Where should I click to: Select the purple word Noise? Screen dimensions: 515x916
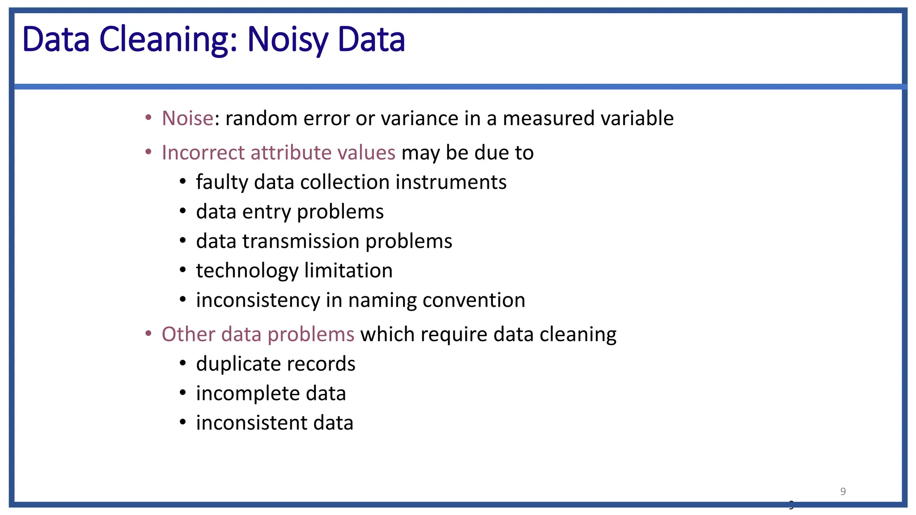187,118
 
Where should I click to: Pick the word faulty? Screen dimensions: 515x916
221,182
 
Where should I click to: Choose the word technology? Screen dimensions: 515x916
247,271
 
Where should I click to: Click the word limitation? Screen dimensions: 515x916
348,271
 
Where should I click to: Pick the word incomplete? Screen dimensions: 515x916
248,393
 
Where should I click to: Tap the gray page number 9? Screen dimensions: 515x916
843,491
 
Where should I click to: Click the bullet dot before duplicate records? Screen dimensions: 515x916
182,363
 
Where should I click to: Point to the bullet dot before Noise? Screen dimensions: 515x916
148,118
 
